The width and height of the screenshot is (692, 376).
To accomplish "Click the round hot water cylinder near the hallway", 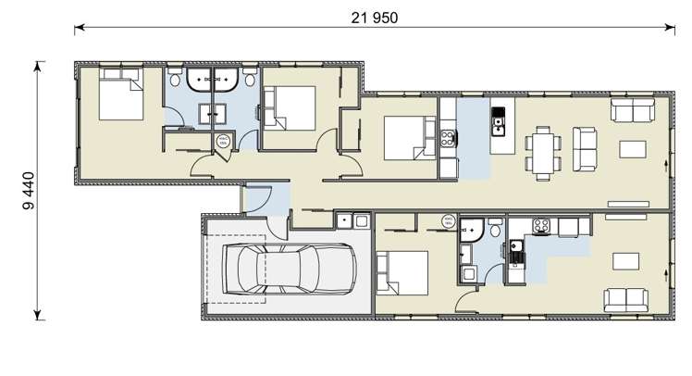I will point(223,141).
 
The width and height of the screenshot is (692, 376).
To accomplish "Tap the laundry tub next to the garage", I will point(343,220).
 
